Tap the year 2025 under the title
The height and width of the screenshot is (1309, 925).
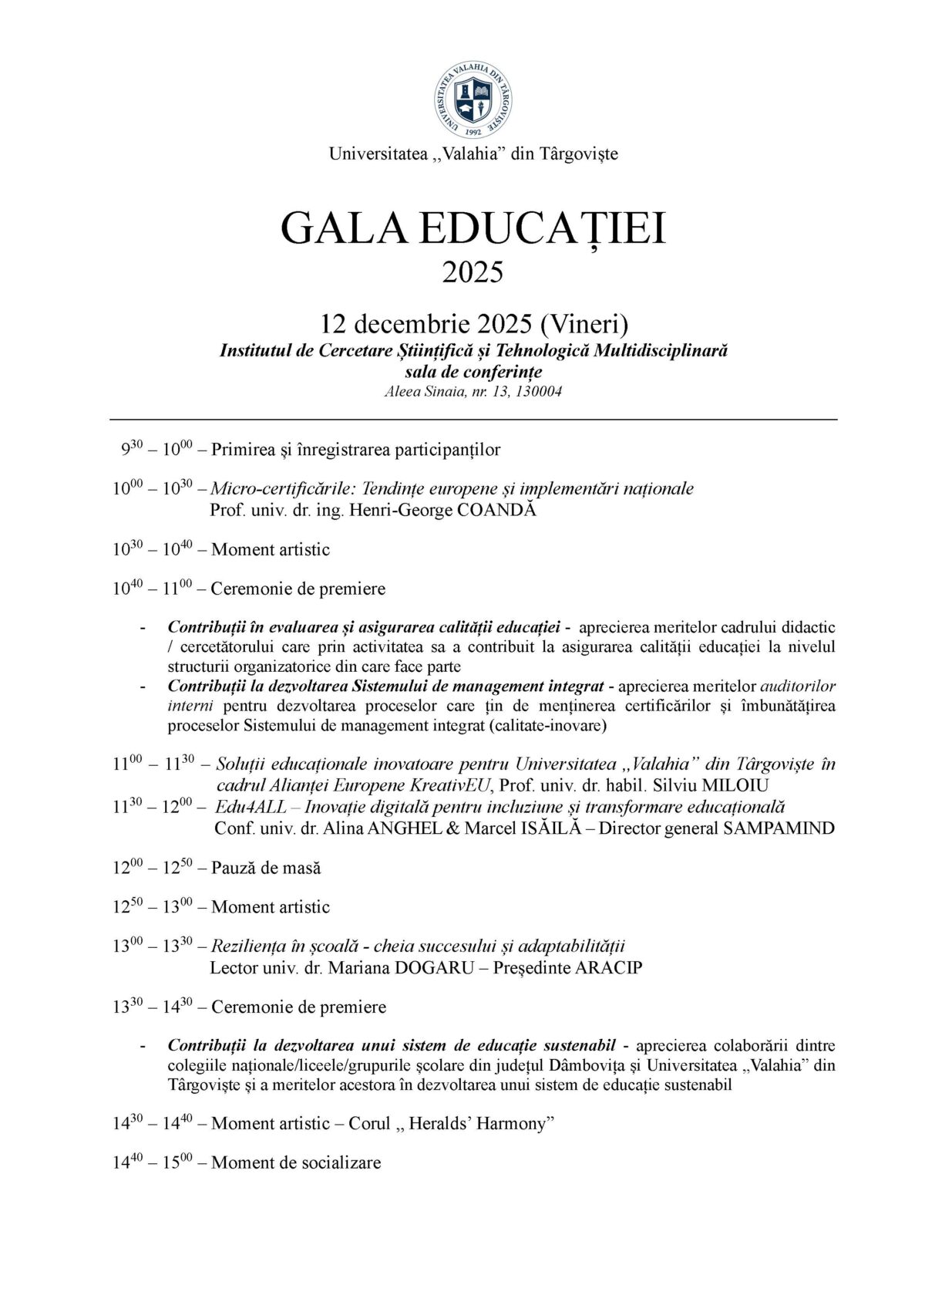tap(473, 272)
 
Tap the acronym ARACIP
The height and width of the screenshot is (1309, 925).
tap(609, 967)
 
